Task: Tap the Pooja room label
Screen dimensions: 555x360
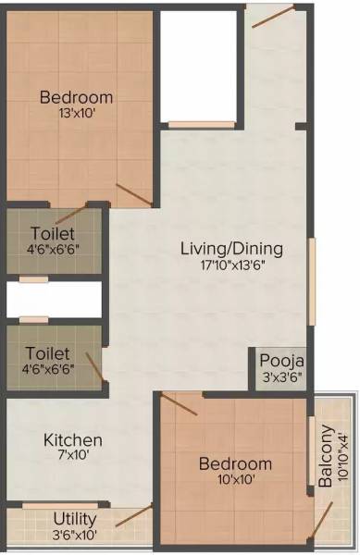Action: pos(281,360)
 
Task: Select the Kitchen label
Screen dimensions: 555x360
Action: pos(73,439)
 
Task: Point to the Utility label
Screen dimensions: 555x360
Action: pos(74,518)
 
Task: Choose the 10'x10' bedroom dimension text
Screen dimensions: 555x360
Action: pos(235,479)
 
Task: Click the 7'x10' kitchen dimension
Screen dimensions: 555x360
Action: pos(73,455)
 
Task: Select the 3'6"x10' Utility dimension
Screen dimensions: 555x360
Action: pos(74,534)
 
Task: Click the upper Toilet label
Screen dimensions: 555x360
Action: pos(52,233)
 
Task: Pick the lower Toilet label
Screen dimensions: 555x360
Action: pos(48,352)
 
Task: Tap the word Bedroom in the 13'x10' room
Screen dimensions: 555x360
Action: pos(77,97)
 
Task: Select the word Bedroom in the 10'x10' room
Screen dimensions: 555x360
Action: pos(235,463)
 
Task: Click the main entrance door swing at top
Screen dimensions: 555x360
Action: pos(274,17)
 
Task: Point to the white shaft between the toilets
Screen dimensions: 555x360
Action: pos(54,301)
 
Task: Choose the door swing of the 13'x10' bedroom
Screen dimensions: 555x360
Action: pos(133,194)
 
